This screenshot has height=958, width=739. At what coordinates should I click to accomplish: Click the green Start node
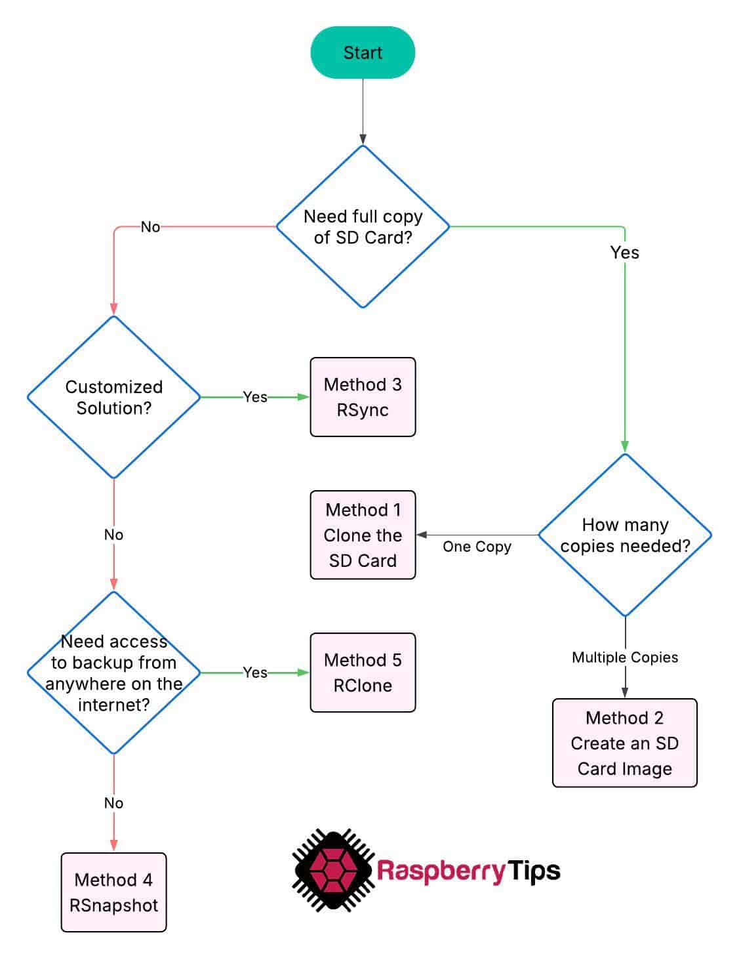click(x=363, y=52)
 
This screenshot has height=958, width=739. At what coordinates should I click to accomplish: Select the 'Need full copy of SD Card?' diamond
click(x=363, y=226)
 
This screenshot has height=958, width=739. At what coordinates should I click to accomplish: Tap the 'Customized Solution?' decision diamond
click(x=113, y=397)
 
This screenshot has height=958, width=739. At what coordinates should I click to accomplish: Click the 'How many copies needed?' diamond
click(x=625, y=535)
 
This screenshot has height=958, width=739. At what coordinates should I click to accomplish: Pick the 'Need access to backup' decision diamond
click(x=113, y=673)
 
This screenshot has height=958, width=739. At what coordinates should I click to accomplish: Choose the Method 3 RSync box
click(x=363, y=397)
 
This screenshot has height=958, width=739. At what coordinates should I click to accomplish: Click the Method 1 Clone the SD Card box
click(x=363, y=535)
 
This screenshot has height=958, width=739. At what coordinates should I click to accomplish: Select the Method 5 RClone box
click(x=363, y=673)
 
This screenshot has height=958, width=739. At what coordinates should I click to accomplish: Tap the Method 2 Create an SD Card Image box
click(x=624, y=743)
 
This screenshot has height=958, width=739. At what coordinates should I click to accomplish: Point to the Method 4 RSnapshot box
click(x=113, y=892)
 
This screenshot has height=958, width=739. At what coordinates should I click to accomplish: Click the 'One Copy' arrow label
click(x=477, y=547)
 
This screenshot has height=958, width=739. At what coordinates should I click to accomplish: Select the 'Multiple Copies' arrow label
click(x=625, y=657)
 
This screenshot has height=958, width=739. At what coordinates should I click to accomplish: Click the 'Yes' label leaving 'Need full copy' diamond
click(x=624, y=253)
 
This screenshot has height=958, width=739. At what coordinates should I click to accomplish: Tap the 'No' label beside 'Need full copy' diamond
click(x=150, y=227)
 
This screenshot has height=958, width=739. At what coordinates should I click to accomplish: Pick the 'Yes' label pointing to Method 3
click(x=255, y=397)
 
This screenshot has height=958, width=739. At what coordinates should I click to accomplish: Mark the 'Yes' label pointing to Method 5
click(x=255, y=673)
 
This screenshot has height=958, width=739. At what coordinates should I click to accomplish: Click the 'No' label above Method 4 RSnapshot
click(x=113, y=803)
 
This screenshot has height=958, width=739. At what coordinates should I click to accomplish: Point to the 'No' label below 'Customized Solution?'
click(x=113, y=535)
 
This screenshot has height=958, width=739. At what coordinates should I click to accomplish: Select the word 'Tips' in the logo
click(x=534, y=871)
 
